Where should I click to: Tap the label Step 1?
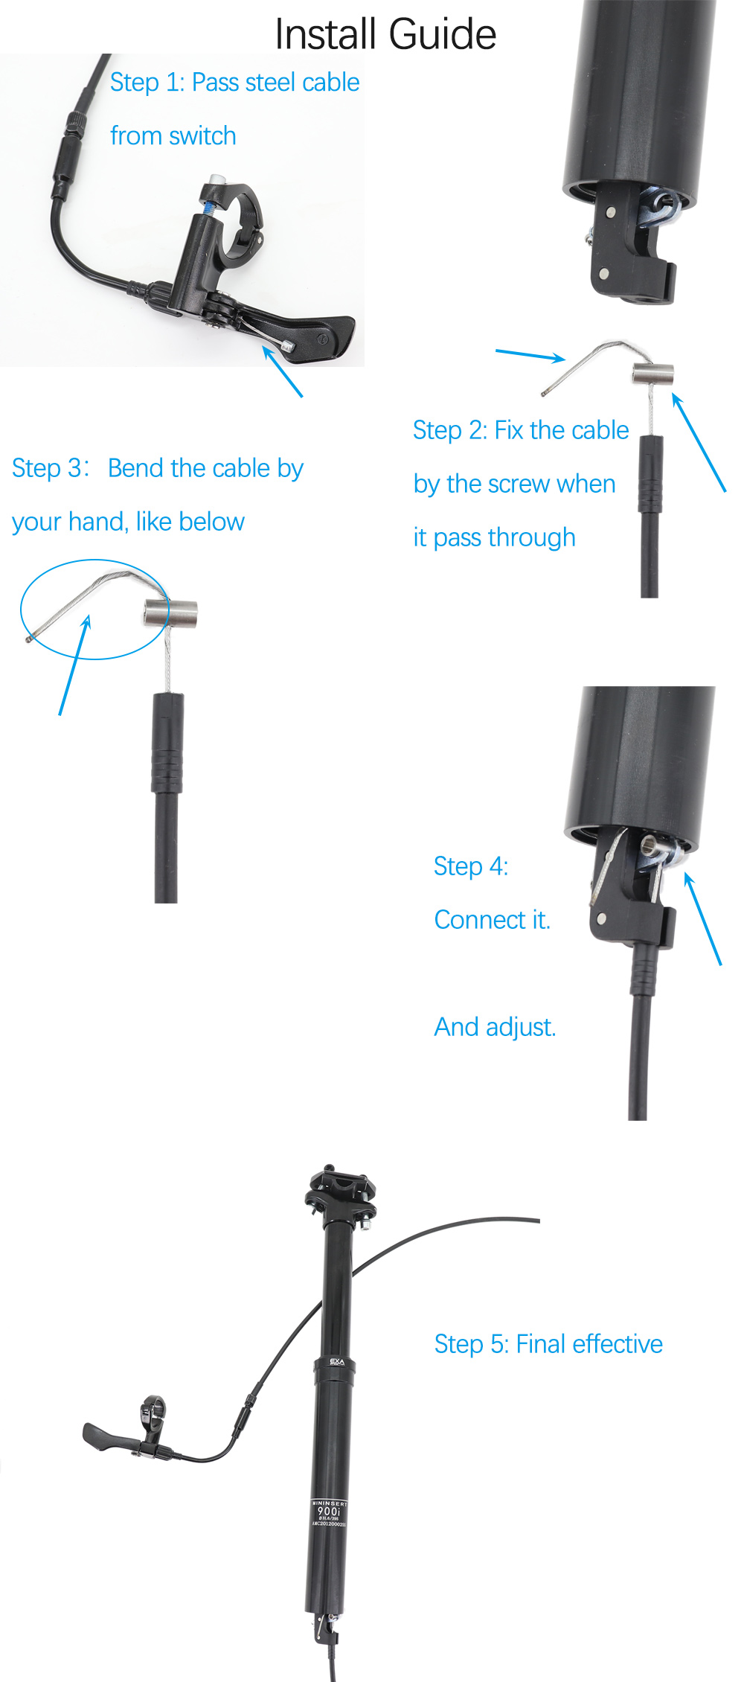[147, 83]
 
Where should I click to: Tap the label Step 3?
[49, 468]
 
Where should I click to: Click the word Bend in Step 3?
[136, 468]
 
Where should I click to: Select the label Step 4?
[470, 866]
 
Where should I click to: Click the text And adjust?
[495, 1027]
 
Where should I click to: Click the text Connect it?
[492, 920]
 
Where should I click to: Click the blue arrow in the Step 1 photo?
[283, 373]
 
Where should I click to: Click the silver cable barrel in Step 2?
[652, 374]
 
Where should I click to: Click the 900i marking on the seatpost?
[328, 1511]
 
